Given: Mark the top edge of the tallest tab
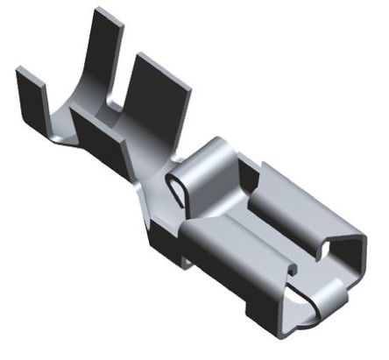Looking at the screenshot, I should pyautogui.click(x=109, y=12).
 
